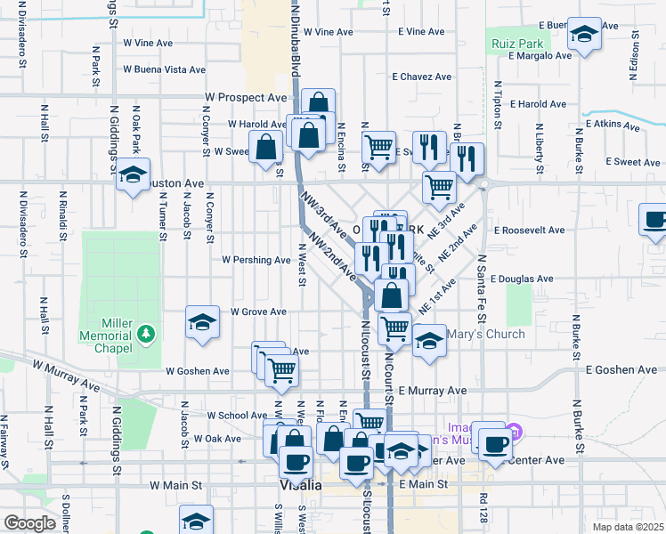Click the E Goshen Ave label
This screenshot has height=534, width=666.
point(620,368)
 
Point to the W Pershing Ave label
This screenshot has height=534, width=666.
point(256,261)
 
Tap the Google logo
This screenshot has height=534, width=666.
point(29,523)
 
